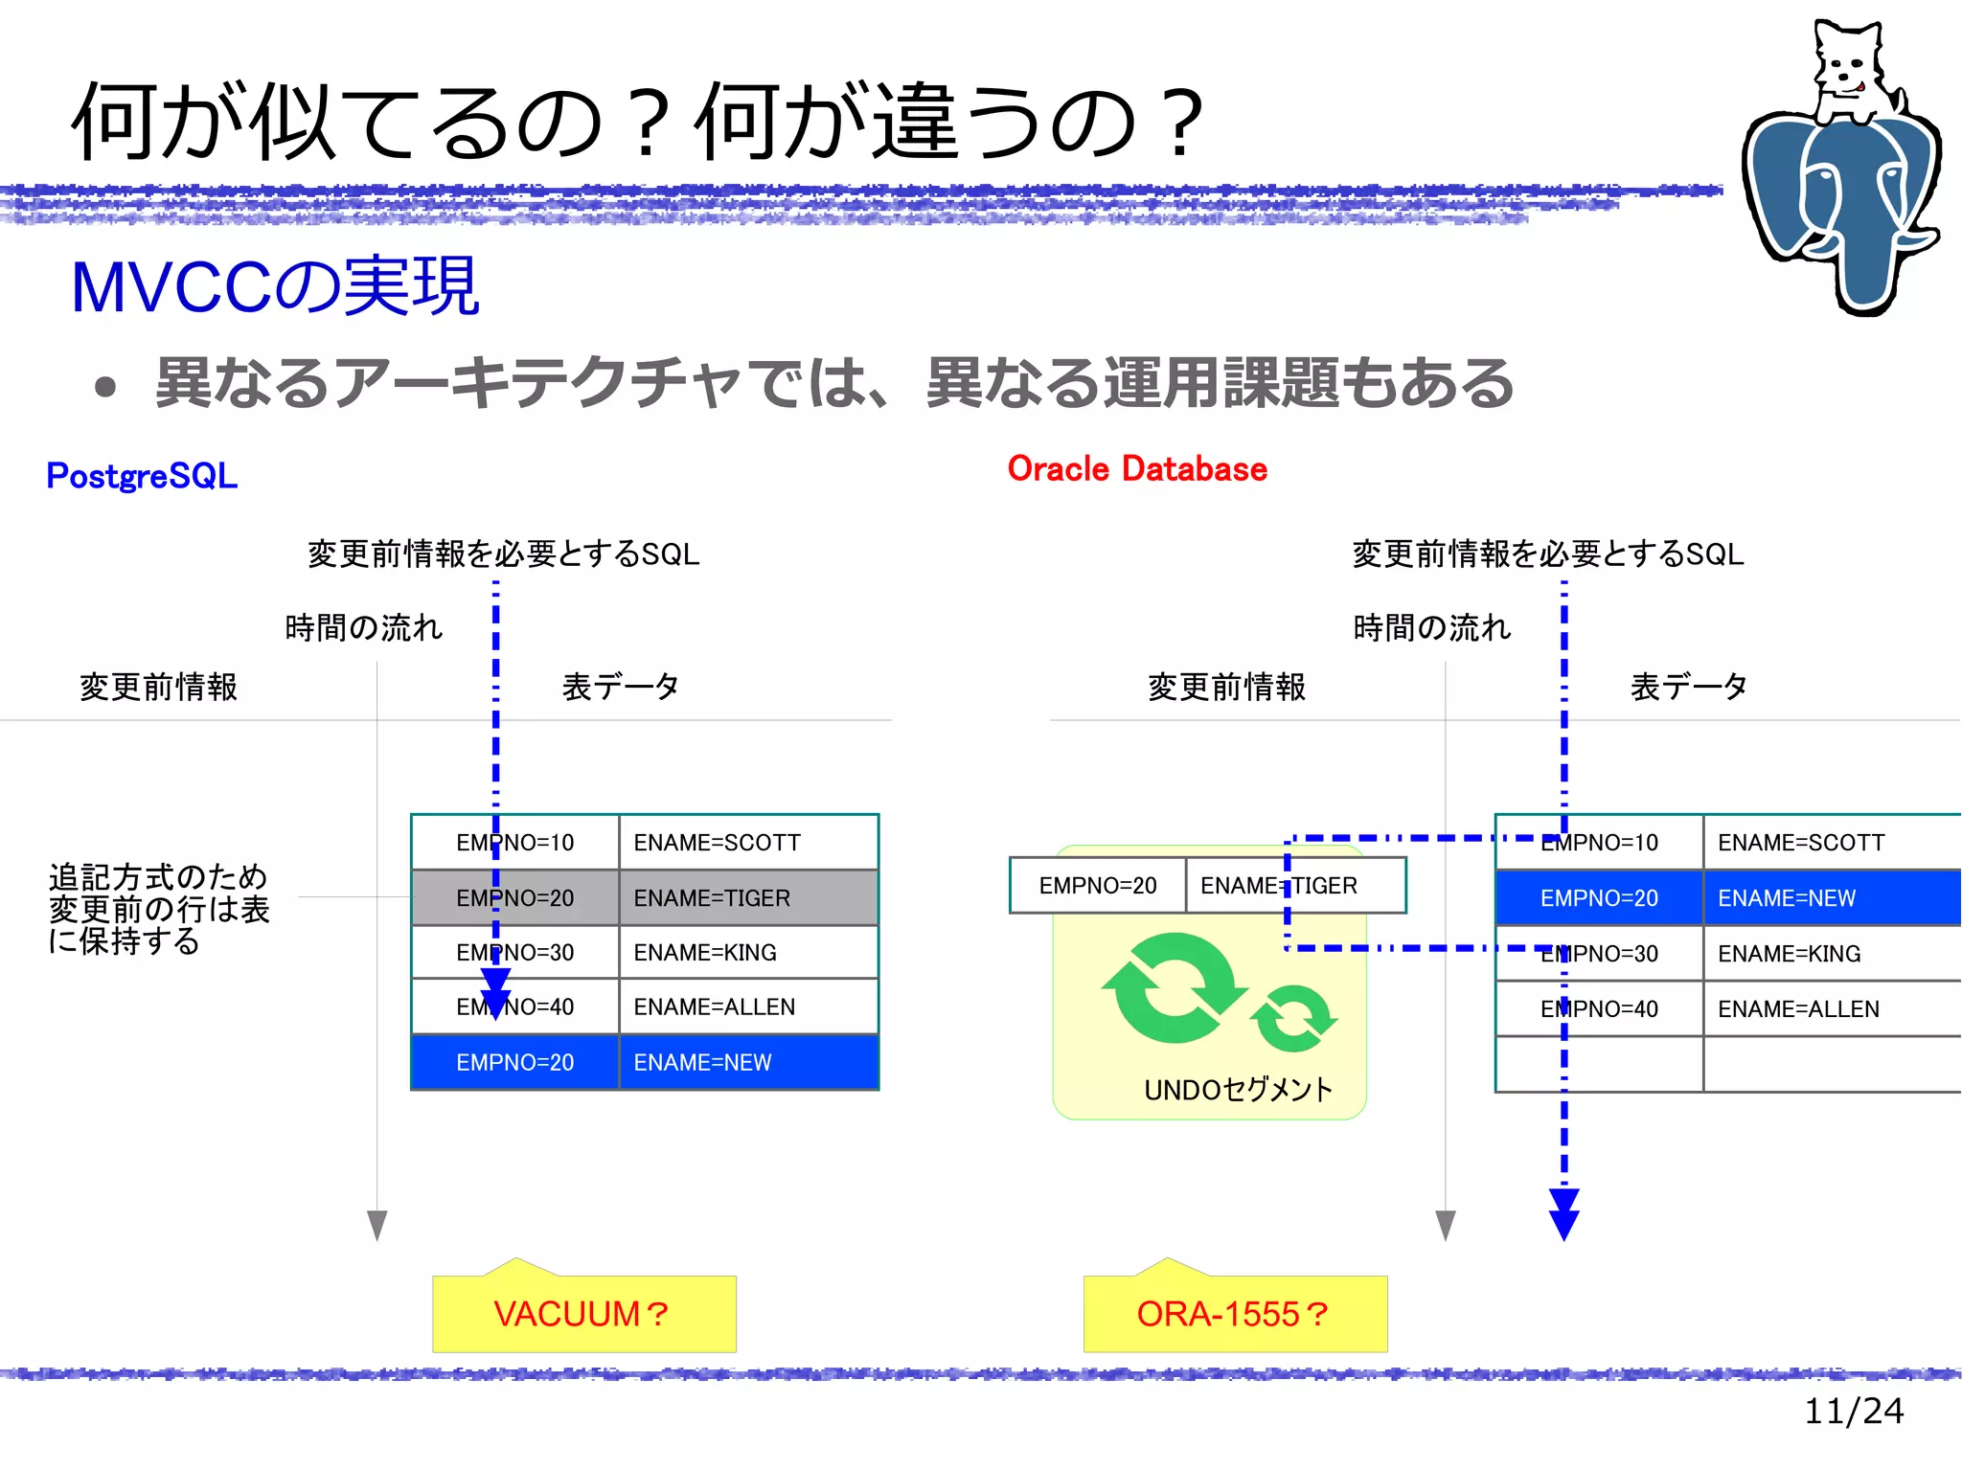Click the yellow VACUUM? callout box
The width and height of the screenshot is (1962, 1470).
tap(583, 1313)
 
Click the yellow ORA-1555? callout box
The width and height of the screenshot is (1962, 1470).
tap(1234, 1313)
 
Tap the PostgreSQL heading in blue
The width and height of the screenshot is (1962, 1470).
tap(142, 476)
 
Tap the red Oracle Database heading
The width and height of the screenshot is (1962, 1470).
tap(1137, 469)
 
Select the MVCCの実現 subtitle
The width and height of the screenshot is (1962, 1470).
tap(275, 286)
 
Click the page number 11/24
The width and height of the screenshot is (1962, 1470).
tap(1853, 1411)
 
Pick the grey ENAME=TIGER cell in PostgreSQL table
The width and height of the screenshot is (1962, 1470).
tap(747, 897)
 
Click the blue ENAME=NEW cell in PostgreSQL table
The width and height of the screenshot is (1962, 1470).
tap(747, 1062)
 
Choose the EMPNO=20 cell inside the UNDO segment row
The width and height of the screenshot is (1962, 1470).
tap(1098, 886)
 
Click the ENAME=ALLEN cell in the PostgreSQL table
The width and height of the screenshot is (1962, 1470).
tap(747, 1006)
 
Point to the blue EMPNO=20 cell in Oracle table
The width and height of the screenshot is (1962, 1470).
tap(1598, 898)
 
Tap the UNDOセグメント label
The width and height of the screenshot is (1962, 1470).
tap(1238, 1090)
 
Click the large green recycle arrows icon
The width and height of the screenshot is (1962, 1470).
tap(1171, 988)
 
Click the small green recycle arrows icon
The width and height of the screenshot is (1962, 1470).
tap(1294, 1018)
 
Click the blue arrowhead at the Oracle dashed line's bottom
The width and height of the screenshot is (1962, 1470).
tap(1563, 1216)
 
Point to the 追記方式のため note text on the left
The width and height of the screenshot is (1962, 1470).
tap(159, 908)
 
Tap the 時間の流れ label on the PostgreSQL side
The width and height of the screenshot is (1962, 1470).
tap(363, 628)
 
